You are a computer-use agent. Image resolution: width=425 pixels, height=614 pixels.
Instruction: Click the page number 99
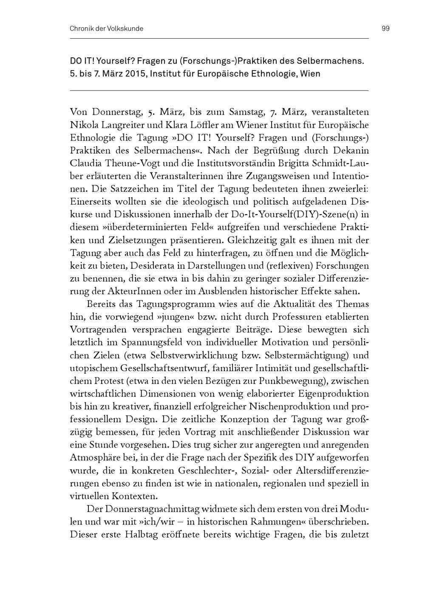coord(385,28)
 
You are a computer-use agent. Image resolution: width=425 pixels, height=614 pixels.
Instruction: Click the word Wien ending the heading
coord(310,73)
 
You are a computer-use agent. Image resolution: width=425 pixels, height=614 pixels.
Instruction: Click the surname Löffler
coord(198,125)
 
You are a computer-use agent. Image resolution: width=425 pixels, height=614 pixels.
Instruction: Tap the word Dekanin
coord(351,151)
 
